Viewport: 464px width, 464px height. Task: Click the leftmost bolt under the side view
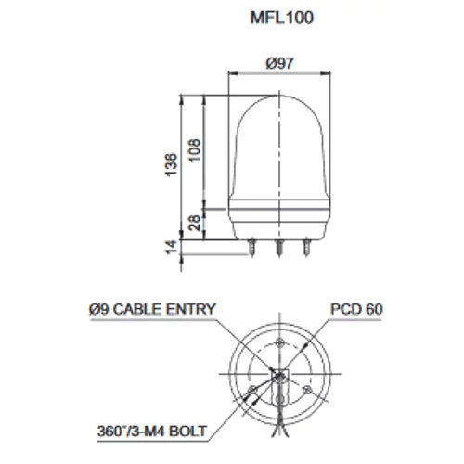tap(253, 248)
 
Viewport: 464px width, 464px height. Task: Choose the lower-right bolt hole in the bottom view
tap(303, 389)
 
